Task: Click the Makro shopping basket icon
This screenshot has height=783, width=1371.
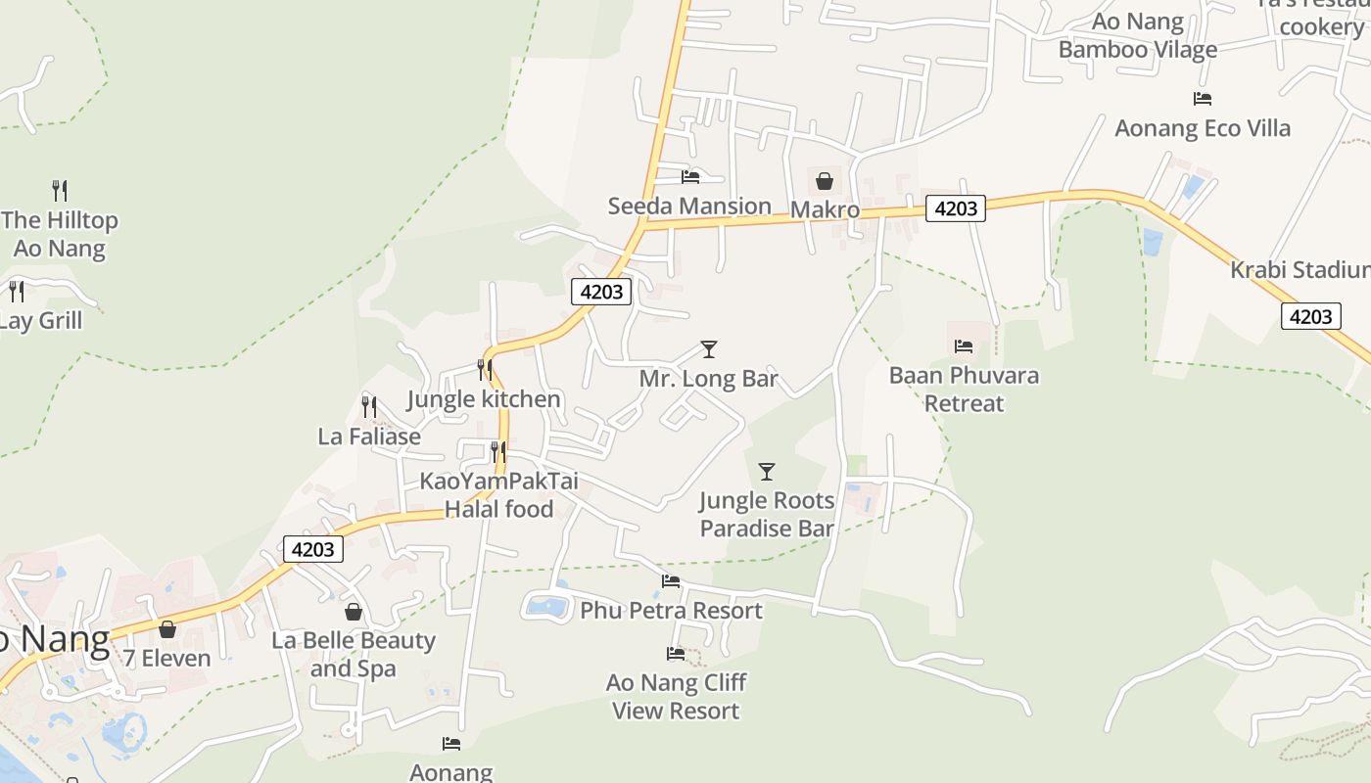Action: click(825, 181)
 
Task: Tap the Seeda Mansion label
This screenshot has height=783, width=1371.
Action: click(689, 206)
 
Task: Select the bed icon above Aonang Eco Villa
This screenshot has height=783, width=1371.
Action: click(1203, 99)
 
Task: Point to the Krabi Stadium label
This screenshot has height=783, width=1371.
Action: click(1300, 269)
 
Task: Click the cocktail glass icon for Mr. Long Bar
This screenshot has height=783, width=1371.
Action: click(709, 349)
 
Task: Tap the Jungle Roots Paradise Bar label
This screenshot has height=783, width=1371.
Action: click(767, 515)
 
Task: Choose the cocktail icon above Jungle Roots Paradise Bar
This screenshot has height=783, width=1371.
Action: click(767, 472)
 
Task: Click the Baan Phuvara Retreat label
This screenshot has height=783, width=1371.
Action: click(964, 389)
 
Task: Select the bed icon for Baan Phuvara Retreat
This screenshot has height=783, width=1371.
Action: click(964, 346)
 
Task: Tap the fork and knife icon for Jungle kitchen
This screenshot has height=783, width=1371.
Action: click(484, 369)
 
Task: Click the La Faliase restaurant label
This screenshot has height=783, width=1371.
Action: click(369, 437)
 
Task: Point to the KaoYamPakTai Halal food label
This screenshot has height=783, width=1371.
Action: click(498, 494)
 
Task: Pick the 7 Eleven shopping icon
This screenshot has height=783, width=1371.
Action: click(167, 629)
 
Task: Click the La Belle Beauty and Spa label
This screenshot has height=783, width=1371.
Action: click(354, 655)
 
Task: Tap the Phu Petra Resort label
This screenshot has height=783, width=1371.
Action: click(671, 611)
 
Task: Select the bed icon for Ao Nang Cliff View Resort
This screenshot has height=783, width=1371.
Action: click(676, 654)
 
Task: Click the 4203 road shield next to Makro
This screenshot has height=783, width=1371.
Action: click(955, 208)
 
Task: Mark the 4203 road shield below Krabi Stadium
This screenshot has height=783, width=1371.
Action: click(1310, 316)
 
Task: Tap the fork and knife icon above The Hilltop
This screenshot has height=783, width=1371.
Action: click(60, 190)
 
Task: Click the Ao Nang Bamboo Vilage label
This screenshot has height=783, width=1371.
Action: click(1138, 35)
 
